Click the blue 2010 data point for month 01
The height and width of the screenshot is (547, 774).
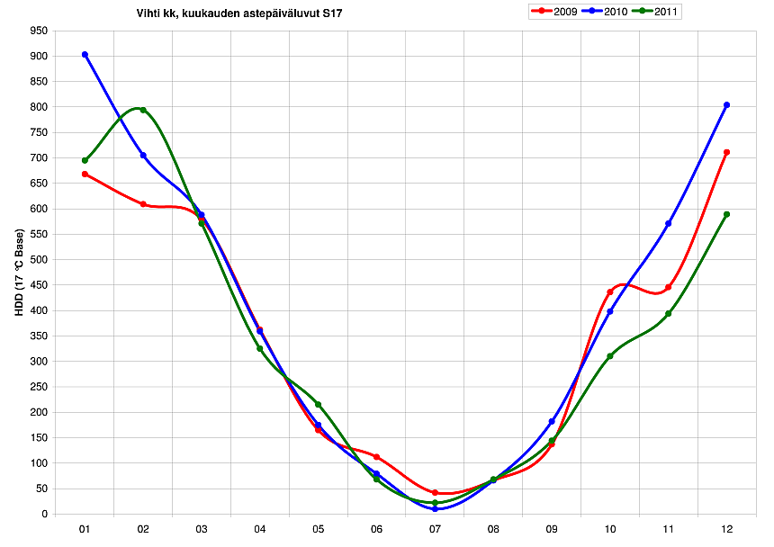(x=85, y=55)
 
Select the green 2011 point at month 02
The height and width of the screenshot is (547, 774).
(x=143, y=110)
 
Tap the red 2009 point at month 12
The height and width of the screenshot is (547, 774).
(x=726, y=153)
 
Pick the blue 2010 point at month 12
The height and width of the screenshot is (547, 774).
(x=726, y=105)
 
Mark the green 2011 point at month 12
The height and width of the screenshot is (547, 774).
(x=726, y=214)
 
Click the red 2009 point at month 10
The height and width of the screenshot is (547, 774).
(x=610, y=291)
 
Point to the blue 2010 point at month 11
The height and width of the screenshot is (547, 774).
(x=669, y=223)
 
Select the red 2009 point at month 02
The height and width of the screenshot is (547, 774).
(x=143, y=204)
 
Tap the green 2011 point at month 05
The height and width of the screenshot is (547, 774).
(x=319, y=405)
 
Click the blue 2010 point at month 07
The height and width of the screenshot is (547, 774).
(x=435, y=509)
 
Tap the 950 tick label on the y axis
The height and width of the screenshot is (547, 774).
(x=38, y=31)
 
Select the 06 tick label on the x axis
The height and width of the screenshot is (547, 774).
(x=376, y=529)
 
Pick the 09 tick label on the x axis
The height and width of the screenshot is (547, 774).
(x=552, y=529)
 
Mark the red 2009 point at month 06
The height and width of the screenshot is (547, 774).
(x=376, y=457)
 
